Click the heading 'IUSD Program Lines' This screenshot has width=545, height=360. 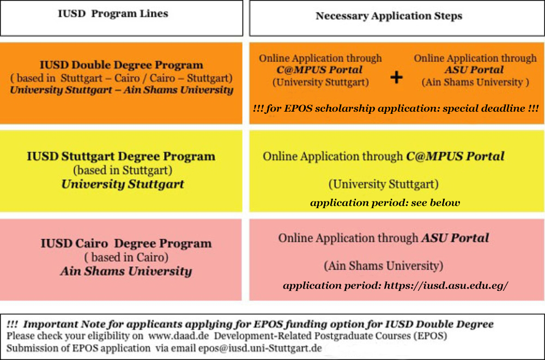113,14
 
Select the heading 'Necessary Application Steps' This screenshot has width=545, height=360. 389,16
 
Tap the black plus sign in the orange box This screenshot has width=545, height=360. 396,77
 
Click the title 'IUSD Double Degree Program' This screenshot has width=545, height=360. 122,65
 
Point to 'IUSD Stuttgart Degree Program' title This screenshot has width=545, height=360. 121,156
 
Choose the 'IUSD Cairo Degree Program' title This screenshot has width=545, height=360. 126,243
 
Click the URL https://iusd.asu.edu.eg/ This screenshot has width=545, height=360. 446,285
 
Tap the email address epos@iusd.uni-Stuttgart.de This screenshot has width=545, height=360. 260,348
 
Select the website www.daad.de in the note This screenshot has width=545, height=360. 179,336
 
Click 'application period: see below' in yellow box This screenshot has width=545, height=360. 385,203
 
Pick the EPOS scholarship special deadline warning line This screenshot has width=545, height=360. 396,108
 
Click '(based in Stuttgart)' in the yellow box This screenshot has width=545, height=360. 123,170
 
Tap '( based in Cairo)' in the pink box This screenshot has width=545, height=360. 126,257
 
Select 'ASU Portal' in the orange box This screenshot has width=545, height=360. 474,70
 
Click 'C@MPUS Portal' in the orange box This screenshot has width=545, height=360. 319,70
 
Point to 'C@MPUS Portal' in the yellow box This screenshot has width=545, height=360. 455,156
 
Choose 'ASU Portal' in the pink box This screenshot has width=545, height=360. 455,238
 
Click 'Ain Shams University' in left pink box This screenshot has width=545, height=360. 126,271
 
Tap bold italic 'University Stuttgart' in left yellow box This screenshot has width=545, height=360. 123,184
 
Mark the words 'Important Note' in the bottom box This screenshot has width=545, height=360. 51,324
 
